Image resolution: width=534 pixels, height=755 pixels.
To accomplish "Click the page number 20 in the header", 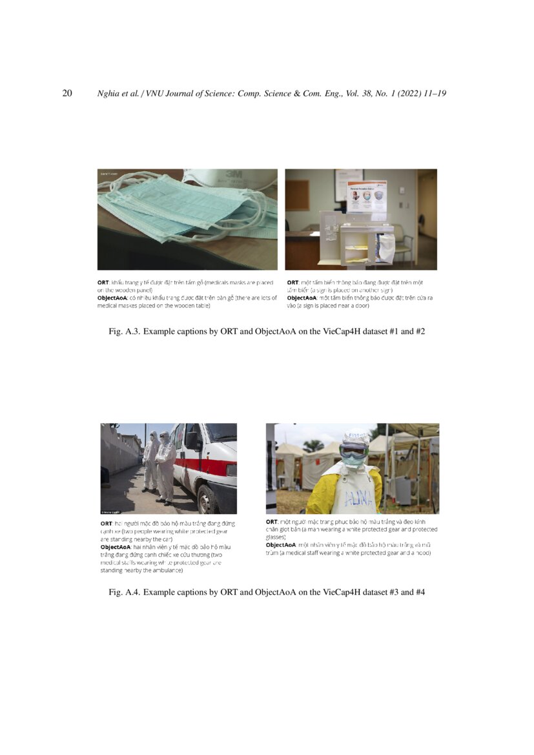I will pyautogui.click(x=67, y=94).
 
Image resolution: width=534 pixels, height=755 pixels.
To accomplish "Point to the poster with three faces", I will pyautogui.click(x=366, y=196).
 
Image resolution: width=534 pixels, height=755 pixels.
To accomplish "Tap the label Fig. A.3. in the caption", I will pyautogui.click(x=124, y=332).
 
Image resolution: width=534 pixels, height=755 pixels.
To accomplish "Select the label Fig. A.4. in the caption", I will pyautogui.click(x=124, y=592).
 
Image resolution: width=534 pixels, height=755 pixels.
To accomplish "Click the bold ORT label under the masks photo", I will pyautogui.click(x=103, y=283).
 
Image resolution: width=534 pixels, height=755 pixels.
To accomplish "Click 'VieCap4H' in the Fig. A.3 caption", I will pyautogui.click(x=339, y=332).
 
